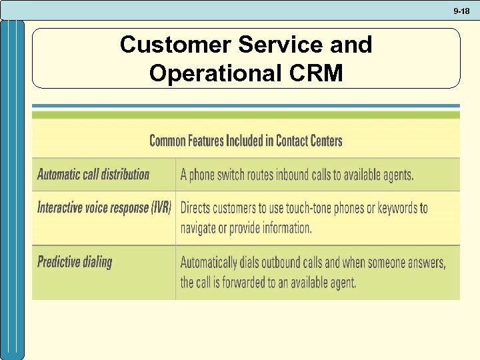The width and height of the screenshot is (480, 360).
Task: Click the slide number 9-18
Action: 461,11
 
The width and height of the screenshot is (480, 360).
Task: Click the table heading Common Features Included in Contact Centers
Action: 246,141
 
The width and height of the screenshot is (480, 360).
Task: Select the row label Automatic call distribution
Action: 93,175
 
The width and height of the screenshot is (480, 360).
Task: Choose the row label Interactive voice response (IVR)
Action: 104,207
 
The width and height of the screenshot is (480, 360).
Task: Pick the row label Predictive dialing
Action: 75,261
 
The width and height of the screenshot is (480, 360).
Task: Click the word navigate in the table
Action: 202,228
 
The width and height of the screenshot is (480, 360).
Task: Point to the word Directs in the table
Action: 199,208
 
